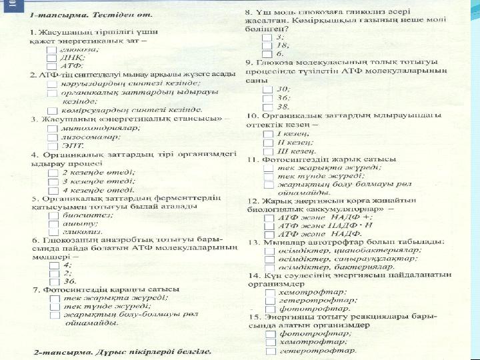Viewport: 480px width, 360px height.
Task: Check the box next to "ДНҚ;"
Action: click(52, 58)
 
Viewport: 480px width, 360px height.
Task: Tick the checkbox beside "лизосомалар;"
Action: click(52, 136)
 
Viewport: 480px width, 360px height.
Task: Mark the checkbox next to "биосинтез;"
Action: click(52, 215)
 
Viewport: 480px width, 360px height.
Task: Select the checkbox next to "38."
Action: click(268, 105)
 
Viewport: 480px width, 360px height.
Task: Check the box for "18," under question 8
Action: click(268, 45)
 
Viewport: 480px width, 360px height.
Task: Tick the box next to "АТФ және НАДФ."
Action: click(268, 234)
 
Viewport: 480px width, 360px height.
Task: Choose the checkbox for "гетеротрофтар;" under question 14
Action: click(270, 300)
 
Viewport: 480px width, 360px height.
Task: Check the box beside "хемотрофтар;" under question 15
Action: click(270, 341)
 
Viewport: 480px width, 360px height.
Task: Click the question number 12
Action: click(252, 200)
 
